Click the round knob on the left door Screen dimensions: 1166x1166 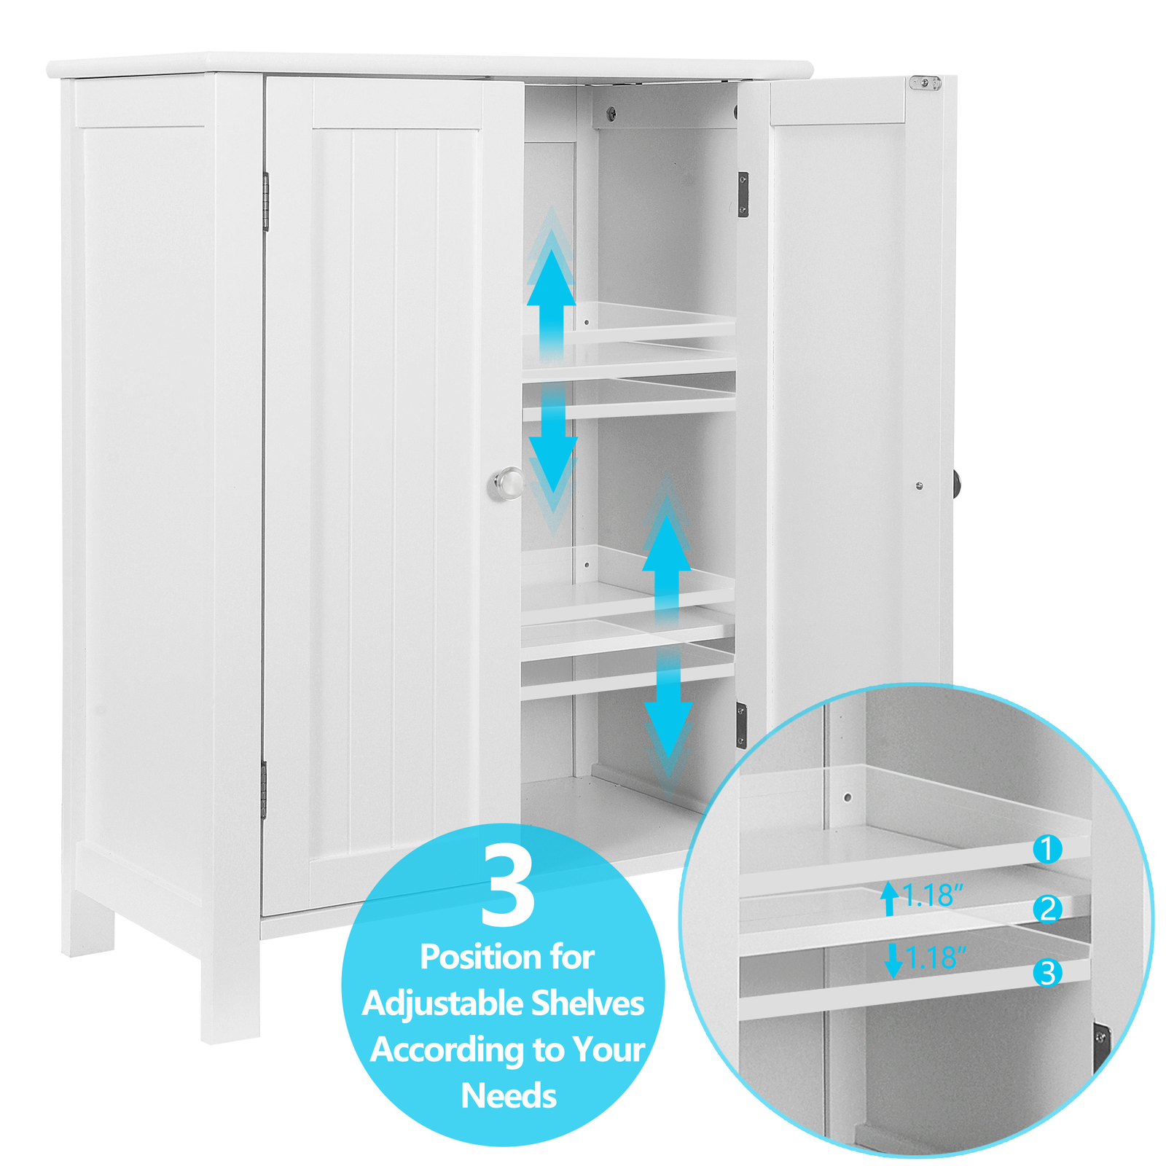click(x=508, y=483)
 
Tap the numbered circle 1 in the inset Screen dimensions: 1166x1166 click(x=1047, y=849)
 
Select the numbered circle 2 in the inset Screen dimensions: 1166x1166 click(x=1047, y=909)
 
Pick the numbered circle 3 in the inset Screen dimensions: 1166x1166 click(x=1047, y=972)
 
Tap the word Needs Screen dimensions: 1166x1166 click(x=509, y=1096)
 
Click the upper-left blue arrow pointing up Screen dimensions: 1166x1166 click(x=551, y=291)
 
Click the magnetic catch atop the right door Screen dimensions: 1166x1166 click(x=925, y=83)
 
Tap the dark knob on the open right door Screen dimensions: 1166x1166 click(x=955, y=483)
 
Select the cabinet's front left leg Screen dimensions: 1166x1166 click(x=230, y=991)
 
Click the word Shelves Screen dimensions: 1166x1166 click(x=587, y=1003)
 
